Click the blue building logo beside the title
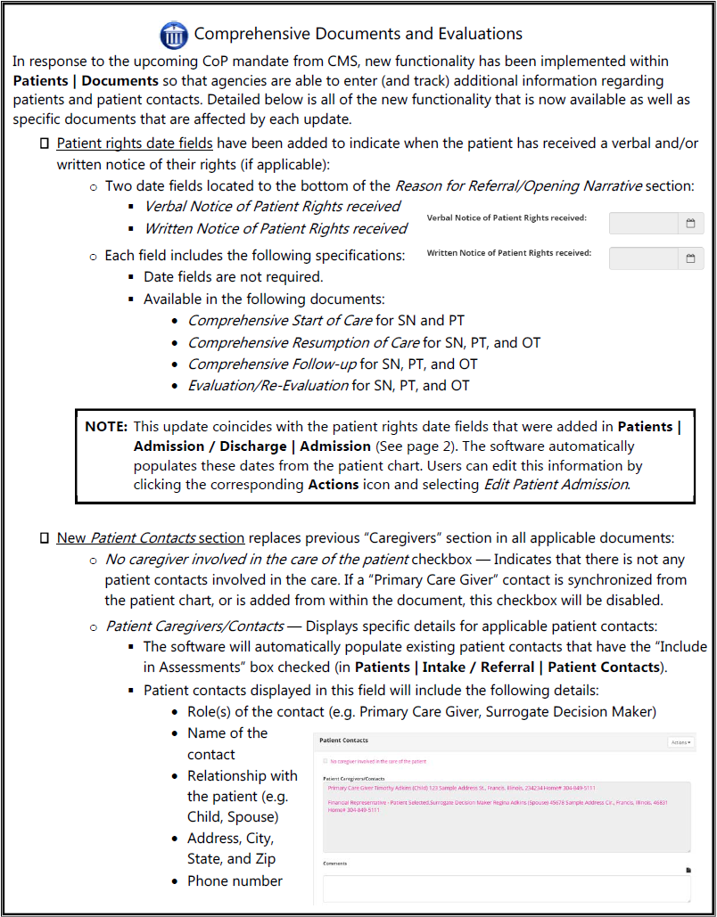tap(174, 36)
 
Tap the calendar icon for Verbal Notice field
tap(690, 224)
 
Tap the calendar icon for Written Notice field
tap(690, 258)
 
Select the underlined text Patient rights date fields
tap(135, 143)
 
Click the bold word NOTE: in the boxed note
tap(107, 426)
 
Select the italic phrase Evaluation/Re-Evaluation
tap(268, 386)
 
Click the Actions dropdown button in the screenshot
tap(680, 741)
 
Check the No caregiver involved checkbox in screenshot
tap(325, 762)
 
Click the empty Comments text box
tap(506, 888)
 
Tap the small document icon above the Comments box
tap(688, 869)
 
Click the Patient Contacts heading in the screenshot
tap(344, 741)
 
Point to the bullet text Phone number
tap(235, 880)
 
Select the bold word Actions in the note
tap(334, 485)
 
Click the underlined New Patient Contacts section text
tap(151, 538)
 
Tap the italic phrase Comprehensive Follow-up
tap(272, 364)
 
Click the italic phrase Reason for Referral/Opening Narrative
tap(518, 186)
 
